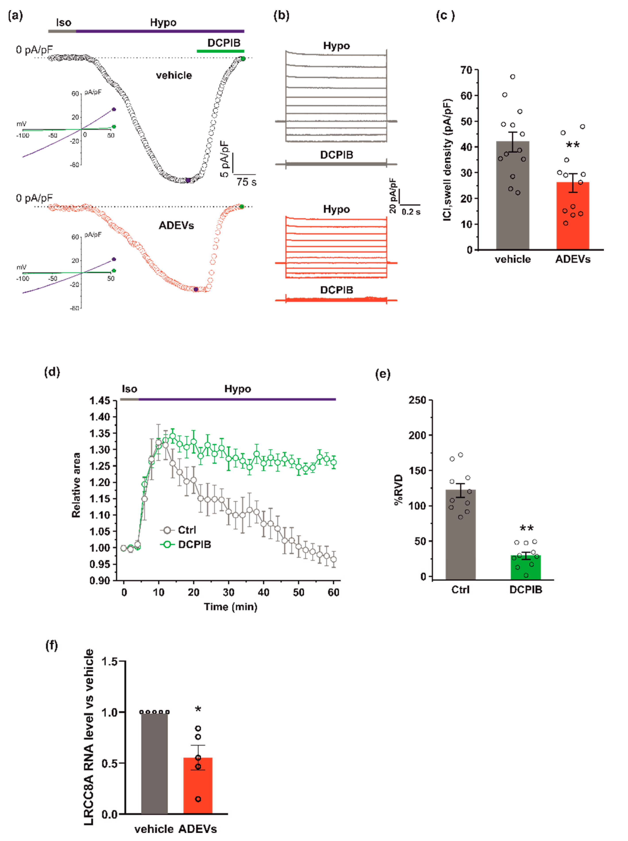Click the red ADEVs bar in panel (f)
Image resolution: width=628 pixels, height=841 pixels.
pyautogui.click(x=198, y=787)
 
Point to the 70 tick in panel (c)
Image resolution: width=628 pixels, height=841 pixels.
pyautogui.click(x=466, y=70)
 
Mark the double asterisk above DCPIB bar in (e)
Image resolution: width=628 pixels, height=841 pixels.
pyautogui.click(x=526, y=528)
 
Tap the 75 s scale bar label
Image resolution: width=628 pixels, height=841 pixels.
pyautogui.click(x=246, y=182)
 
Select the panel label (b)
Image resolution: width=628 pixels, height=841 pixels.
pyautogui.click(x=281, y=15)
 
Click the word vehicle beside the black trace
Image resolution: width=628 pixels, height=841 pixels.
pyautogui.click(x=174, y=75)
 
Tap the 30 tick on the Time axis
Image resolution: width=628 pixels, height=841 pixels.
pyautogui.click(x=228, y=592)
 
